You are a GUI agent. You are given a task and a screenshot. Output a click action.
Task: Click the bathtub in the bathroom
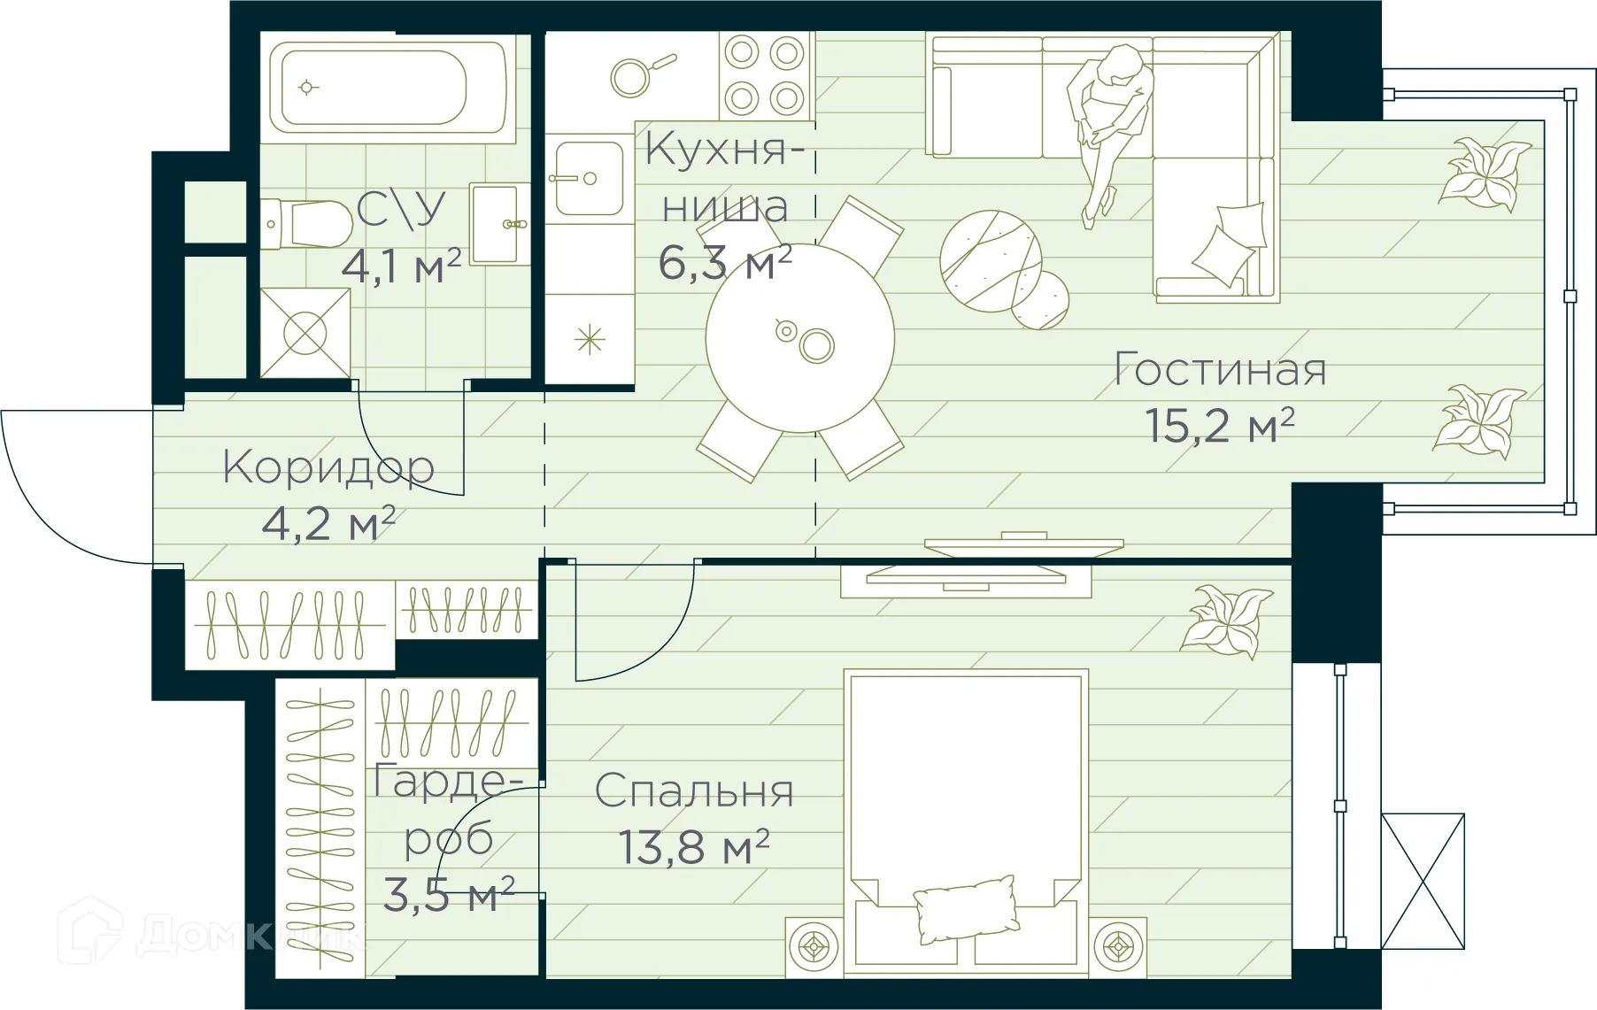(x=388, y=87)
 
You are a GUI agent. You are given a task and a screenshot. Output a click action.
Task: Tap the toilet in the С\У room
(x=310, y=225)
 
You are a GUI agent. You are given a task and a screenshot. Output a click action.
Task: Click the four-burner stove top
(x=765, y=75)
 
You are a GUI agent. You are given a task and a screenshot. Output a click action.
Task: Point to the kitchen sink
(x=588, y=178)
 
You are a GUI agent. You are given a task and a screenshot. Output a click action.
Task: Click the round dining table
(x=799, y=338)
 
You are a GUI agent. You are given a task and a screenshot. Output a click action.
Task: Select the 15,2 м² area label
(x=1219, y=426)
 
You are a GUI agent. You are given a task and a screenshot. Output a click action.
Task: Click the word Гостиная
(x=1220, y=370)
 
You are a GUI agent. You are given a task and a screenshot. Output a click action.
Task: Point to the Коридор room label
(x=328, y=467)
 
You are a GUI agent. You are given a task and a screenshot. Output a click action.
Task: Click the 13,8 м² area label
(x=693, y=847)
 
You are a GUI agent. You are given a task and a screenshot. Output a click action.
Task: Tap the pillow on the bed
(x=966, y=908)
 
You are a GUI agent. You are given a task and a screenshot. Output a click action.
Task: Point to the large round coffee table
(x=990, y=261)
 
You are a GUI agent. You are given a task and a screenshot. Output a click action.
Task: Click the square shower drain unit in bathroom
(x=305, y=334)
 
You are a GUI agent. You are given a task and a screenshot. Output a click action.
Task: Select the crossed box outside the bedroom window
(x=1423, y=881)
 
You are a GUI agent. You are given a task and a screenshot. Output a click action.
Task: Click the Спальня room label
(x=693, y=791)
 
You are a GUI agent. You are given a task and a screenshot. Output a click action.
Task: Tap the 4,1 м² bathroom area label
(x=401, y=266)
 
